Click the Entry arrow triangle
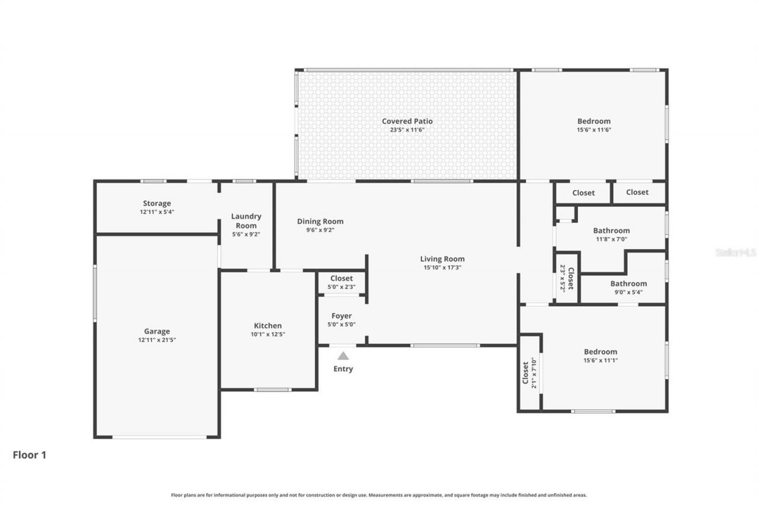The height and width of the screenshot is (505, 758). [x=343, y=356]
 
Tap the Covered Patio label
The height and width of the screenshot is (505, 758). [x=407, y=121]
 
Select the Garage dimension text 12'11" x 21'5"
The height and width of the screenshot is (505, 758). [x=157, y=340]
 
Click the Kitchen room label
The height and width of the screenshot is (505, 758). [x=268, y=326]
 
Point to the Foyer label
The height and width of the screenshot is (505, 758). [x=342, y=316]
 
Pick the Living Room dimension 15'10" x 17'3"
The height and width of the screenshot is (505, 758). [x=442, y=268]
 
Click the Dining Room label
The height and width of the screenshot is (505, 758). [x=320, y=221]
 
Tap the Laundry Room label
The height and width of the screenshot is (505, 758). [x=246, y=221]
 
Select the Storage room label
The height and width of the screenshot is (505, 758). [x=157, y=204]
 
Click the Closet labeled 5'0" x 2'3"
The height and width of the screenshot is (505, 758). [x=342, y=278]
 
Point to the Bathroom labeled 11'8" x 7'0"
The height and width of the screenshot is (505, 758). [x=611, y=231]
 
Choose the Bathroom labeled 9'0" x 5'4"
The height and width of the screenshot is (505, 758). [x=628, y=284]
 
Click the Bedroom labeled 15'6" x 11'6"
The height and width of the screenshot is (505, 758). [x=593, y=121]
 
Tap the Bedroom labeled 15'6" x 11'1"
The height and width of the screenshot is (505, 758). [x=600, y=352]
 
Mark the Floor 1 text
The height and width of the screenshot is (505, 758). [x=30, y=455]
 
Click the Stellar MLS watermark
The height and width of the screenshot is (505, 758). [x=735, y=252]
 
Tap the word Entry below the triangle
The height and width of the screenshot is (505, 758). [x=343, y=369]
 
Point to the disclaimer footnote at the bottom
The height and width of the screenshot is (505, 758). [x=379, y=495]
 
